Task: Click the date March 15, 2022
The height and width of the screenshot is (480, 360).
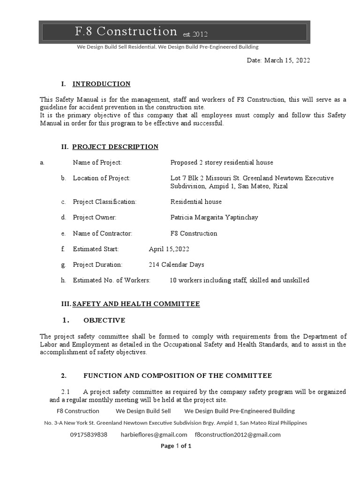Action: click(x=278, y=60)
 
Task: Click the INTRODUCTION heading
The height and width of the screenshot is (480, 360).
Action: click(x=101, y=84)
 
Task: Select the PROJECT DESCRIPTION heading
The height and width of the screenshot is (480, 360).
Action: click(x=115, y=147)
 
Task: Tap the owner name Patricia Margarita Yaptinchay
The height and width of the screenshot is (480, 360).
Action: click(x=214, y=217)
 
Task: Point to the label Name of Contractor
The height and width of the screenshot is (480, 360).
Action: click(x=103, y=233)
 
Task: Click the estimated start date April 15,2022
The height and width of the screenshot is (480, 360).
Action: click(x=169, y=249)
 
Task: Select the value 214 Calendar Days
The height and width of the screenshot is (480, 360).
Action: click(x=176, y=265)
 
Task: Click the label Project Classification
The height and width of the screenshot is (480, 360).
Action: click(x=105, y=202)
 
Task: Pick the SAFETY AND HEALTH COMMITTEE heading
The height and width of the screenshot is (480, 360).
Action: click(x=136, y=304)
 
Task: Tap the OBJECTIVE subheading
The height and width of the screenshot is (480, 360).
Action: click(x=104, y=321)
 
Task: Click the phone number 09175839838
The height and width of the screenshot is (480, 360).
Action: click(x=89, y=435)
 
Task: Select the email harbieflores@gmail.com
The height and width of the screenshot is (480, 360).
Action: click(x=154, y=435)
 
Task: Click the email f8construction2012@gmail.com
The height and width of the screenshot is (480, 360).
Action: click(x=238, y=435)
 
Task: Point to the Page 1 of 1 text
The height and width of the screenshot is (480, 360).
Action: click(x=176, y=446)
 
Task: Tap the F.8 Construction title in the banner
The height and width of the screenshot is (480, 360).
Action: click(x=126, y=31)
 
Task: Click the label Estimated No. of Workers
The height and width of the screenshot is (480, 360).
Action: click(x=112, y=280)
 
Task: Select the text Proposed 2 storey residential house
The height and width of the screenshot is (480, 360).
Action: click(x=222, y=163)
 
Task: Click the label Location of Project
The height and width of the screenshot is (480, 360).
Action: click(x=102, y=178)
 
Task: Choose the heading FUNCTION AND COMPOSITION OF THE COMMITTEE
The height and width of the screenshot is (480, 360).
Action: click(x=178, y=376)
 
